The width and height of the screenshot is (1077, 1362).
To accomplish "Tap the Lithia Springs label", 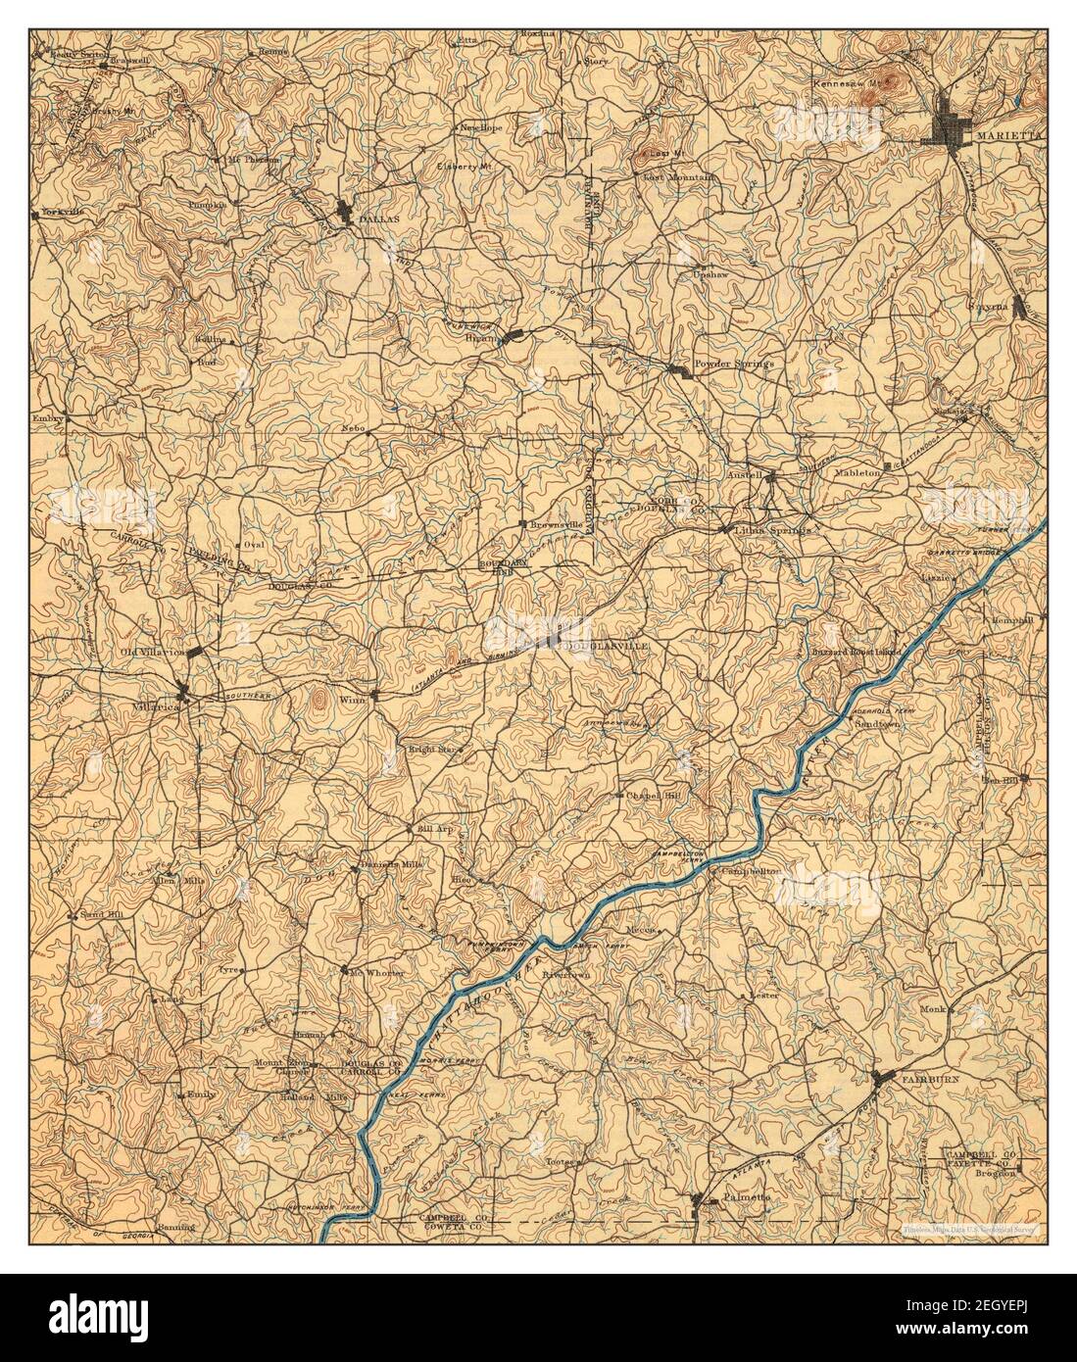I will point(773,529).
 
